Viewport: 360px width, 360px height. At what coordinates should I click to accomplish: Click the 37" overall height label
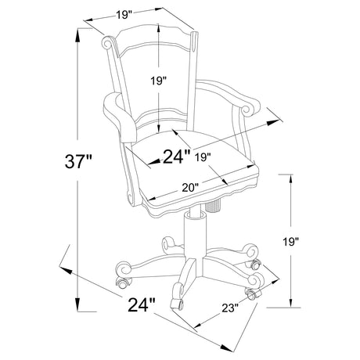[78, 161]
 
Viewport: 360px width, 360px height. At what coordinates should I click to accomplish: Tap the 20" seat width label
[190, 187]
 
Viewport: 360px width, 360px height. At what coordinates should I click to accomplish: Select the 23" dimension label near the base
[230, 308]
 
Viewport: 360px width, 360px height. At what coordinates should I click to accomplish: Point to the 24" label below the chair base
[142, 304]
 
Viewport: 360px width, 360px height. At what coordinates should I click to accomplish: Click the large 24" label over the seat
[177, 157]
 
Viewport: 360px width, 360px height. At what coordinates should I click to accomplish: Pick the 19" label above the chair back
[124, 15]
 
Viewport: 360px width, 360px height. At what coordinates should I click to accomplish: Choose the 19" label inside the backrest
[158, 81]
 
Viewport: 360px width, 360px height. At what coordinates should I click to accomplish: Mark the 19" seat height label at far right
[290, 242]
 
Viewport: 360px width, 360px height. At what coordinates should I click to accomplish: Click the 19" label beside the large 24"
[203, 157]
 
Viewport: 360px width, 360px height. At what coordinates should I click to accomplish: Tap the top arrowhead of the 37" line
[77, 34]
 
